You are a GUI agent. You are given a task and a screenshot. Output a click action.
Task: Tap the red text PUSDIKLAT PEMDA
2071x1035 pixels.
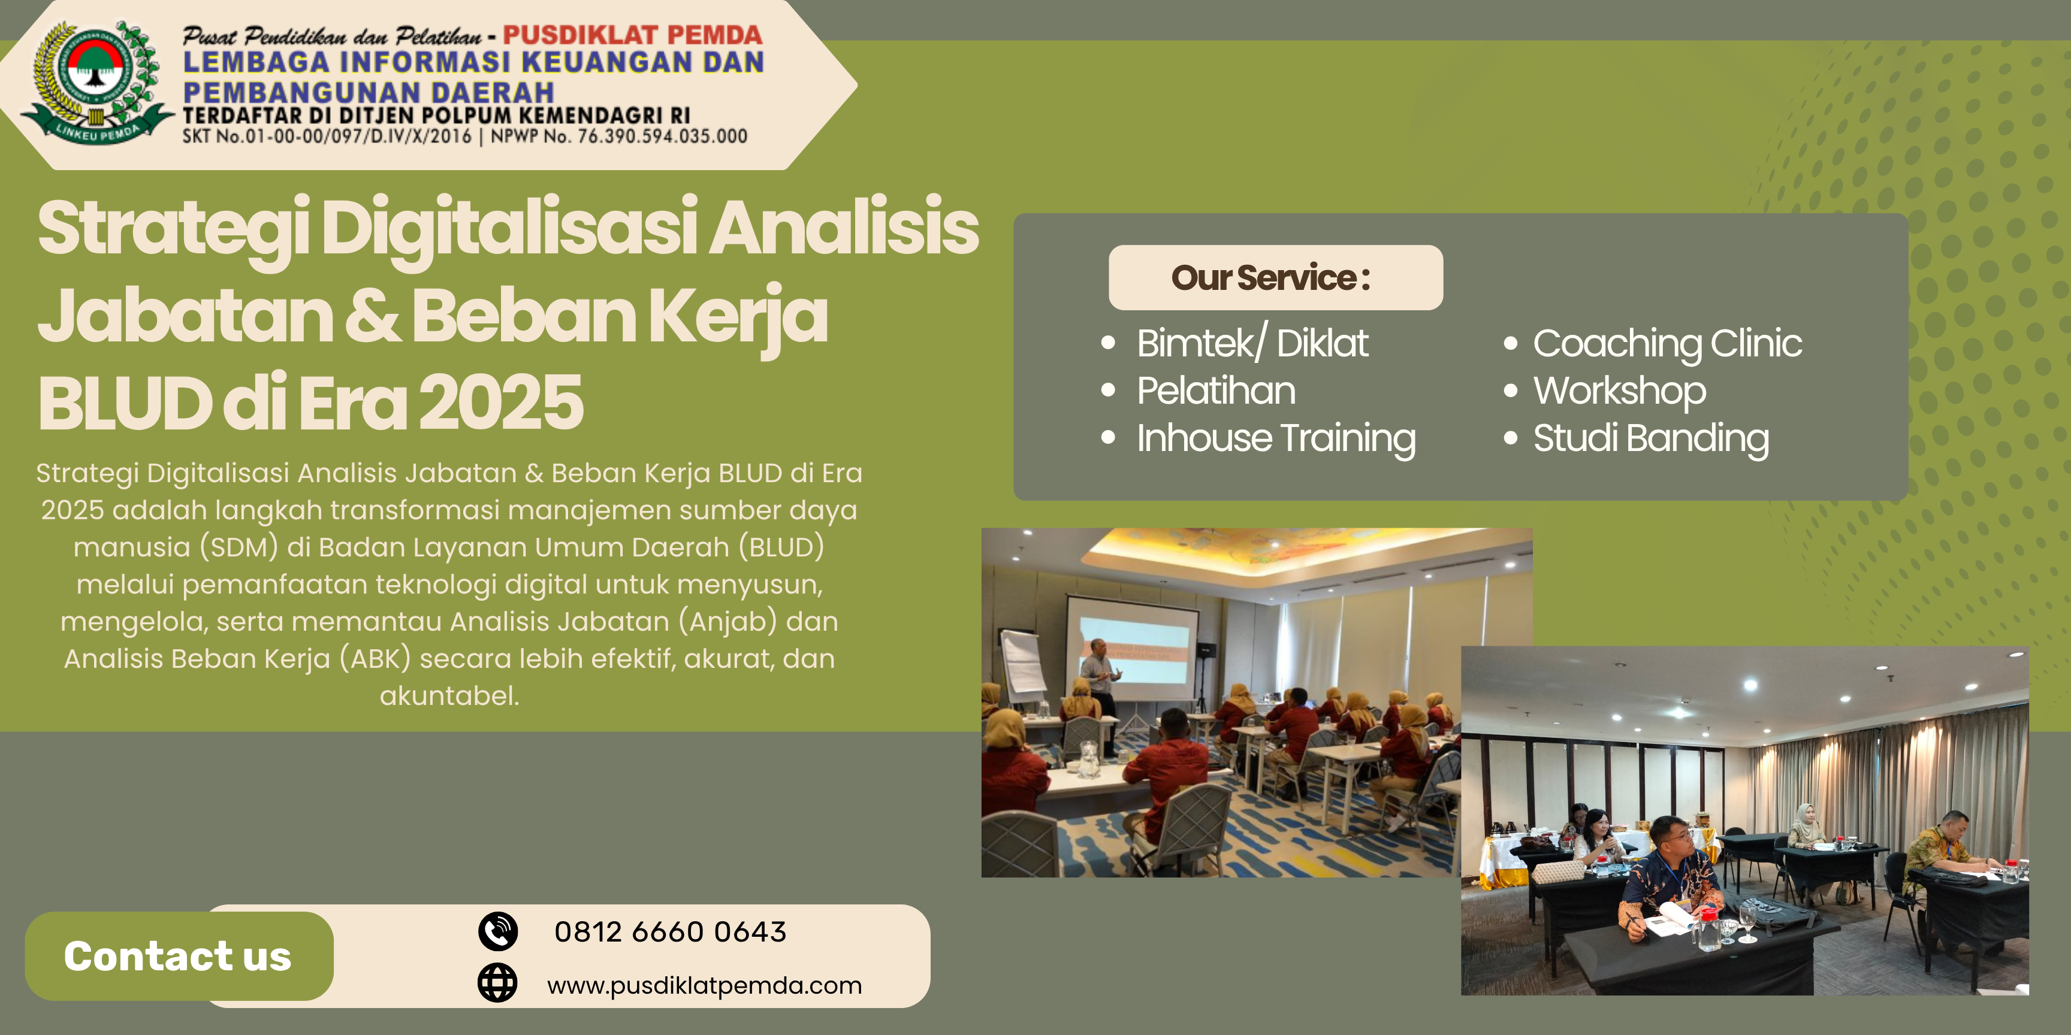click(x=633, y=35)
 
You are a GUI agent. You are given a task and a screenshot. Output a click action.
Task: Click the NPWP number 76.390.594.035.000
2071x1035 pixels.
click(x=662, y=136)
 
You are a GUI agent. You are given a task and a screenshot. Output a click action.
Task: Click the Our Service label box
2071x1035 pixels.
click(x=1275, y=277)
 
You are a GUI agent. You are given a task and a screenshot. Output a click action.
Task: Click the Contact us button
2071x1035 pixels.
click(x=179, y=957)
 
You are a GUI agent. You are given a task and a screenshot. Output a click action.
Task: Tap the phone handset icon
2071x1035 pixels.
click(x=499, y=931)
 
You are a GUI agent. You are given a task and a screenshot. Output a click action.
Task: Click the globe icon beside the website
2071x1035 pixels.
click(x=497, y=983)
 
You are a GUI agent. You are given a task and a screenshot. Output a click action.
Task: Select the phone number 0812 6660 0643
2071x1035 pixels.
click(x=670, y=932)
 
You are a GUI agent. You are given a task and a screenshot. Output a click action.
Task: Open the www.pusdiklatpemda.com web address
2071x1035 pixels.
click(x=704, y=985)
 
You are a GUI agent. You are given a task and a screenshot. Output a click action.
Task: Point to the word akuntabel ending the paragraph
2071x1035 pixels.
click(x=449, y=696)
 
